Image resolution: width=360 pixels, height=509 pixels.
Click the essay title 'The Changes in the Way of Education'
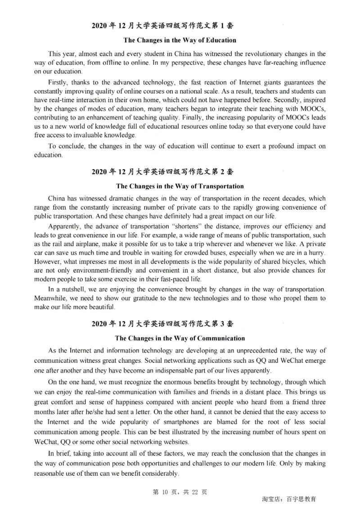[x=180, y=40]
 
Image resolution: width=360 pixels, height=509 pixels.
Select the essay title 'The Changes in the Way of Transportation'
[x=180, y=186]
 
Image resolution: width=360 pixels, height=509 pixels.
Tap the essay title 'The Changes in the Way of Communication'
[x=180, y=338]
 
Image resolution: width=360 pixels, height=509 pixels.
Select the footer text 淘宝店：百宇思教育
[x=288, y=499]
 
